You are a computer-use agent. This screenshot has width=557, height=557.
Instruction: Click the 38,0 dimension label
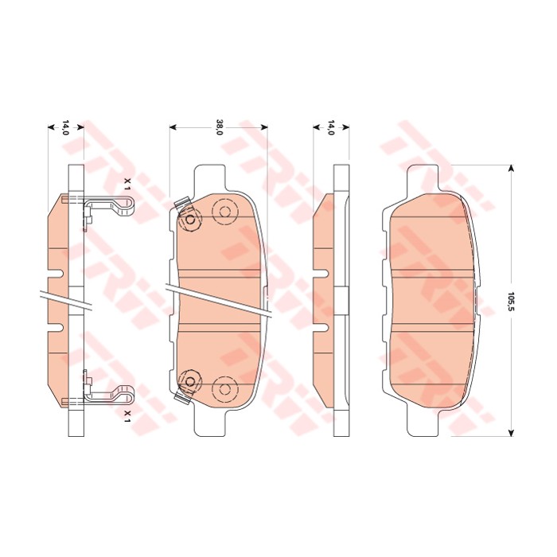point(219,127)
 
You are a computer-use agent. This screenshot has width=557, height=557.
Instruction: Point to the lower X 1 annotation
point(127,415)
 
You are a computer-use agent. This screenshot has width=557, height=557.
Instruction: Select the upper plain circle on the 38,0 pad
point(224,212)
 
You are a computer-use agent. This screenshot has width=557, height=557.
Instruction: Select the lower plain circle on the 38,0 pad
point(224,388)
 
